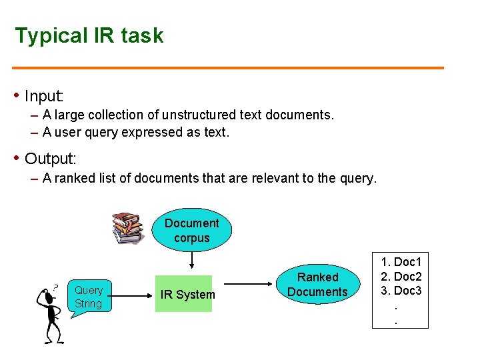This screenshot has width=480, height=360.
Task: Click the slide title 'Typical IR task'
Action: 89,35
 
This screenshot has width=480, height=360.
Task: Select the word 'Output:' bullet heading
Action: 51,159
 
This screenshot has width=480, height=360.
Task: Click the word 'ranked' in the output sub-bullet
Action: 85,178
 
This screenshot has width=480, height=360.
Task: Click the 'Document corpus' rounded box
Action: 192,231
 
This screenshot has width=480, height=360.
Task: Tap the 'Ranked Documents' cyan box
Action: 317,284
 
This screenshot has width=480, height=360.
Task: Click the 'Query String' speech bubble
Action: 88,297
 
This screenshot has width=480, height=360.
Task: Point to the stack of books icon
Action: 127,228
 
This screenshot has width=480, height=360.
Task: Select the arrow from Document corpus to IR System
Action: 192,261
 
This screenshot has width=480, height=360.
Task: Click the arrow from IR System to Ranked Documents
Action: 249,285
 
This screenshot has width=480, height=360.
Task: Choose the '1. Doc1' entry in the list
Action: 401,262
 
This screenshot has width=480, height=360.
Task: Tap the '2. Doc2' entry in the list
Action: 401,276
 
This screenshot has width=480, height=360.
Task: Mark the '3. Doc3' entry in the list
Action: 401,290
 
